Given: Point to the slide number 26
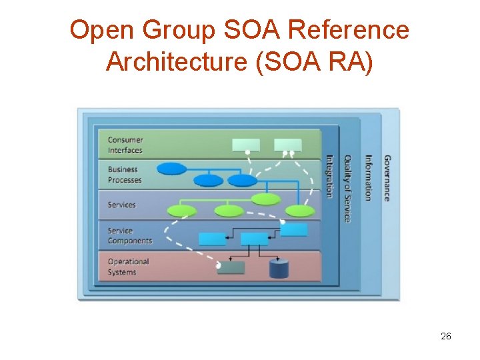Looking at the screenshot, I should click(446, 336).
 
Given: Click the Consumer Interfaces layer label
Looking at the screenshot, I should click(125, 145).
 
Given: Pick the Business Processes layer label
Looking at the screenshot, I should click(125, 175).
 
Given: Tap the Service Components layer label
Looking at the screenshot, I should click(129, 235).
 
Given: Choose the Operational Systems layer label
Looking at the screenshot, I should click(128, 267).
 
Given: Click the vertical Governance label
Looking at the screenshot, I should click(387, 178).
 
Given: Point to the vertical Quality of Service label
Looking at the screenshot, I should click(347, 189).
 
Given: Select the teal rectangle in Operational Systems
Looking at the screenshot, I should click(231, 268).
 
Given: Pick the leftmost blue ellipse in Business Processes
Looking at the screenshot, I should click(172, 169).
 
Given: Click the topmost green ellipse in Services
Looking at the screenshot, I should click(267, 199).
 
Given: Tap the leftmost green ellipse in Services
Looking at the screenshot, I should click(181, 211).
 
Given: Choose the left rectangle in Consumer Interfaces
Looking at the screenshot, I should click(245, 145).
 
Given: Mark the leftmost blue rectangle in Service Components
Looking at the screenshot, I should click(212, 239).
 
